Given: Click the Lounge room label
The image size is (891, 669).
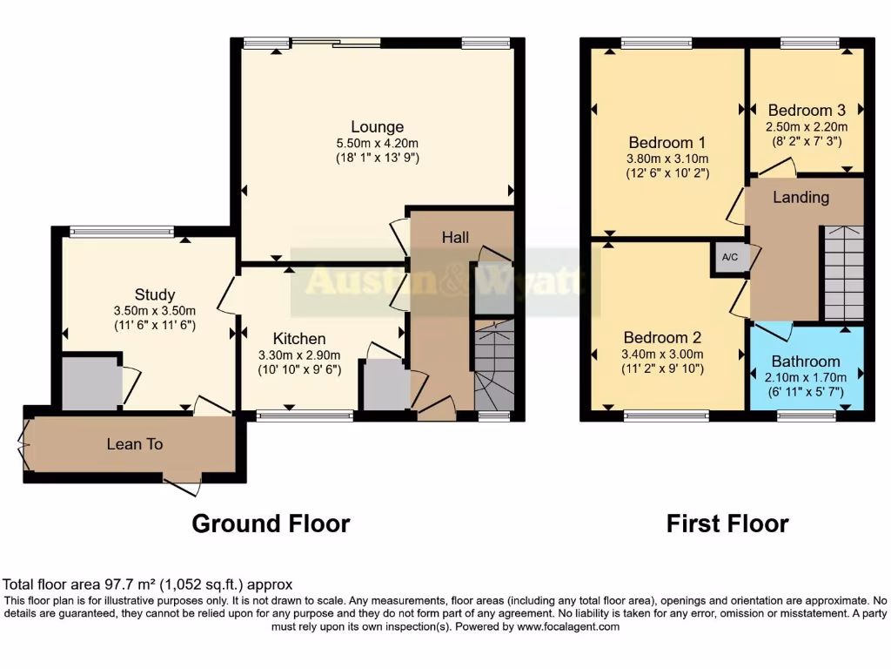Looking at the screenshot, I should pos(377,126).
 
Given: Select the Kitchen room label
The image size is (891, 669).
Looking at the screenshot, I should pos(299,338).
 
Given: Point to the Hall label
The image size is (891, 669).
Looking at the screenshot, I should pos(455,237).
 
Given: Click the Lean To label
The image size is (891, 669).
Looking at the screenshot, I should pos(135,444).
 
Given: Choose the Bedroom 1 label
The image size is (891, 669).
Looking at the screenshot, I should pos(667,142).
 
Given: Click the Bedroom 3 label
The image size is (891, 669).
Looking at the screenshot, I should pos(807,111).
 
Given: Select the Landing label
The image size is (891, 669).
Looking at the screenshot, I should pos(801,197).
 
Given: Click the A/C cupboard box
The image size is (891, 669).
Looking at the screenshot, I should pos(727,258).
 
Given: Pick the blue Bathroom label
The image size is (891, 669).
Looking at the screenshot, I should pos(806,362).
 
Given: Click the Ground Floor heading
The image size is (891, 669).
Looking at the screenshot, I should pos(271,524).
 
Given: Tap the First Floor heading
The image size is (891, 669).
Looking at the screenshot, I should pos(727,524).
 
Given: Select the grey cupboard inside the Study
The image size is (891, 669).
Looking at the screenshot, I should pos(91,382).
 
